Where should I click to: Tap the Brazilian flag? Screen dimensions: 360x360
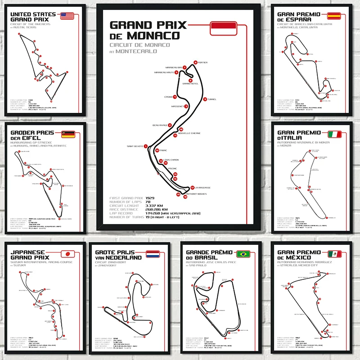pyautogui.click(x=246, y=253)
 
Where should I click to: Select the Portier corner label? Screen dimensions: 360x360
pyautogui.click(x=202, y=63)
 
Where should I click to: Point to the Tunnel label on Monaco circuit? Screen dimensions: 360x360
pyautogui.click(x=212, y=99)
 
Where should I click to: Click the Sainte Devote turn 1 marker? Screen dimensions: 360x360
pyautogui.click(x=146, y=146)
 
